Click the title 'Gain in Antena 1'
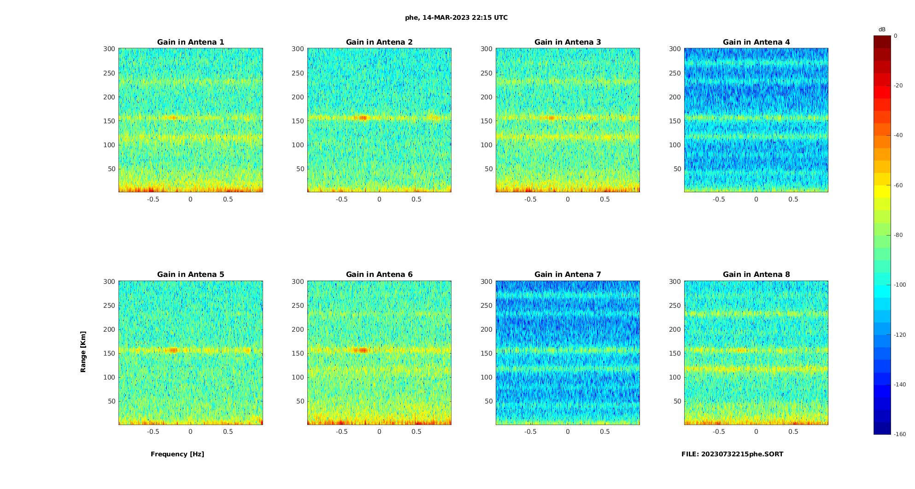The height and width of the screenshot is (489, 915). pyautogui.click(x=190, y=42)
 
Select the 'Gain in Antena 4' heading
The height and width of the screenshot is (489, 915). pyautogui.click(x=756, y=42)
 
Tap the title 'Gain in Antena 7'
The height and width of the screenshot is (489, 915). pyautogui.click(x=568, y=275)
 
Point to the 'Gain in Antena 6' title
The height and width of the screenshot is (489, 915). pyautogui.click(x=379, y=275)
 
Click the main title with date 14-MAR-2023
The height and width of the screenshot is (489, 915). pyautogui.click(x=456, y=18)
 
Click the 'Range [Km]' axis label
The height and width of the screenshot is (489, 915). pyautogui.click(x=83, y=352)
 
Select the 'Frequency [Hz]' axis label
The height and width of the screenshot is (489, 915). pyautogui.click(x=177, y=454)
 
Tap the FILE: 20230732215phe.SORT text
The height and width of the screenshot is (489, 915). pyautogui.click(x=732, y=454)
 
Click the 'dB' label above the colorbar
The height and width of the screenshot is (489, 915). pyautogui.click(x=882, y=29)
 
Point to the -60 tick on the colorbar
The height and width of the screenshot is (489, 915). pyautogui.click(x=898, y=185)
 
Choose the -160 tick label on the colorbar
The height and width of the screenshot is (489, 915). pyautogui.click(x=900, y=434)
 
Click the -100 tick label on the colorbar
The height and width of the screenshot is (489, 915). pyautogui.click(x=900, y=285)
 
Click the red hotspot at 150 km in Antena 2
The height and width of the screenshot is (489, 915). pyautogui.click(x=363, y=118)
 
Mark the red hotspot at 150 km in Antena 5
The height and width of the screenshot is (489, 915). pyautogui.click(x=173, y=350)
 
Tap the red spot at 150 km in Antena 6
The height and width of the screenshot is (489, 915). pyautogui.click(x=363, y=350)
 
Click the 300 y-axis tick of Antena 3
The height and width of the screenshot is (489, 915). pyautogui.click(x=487, y=49)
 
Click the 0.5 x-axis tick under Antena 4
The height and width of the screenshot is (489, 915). pyautogui.click(x=793, y=199)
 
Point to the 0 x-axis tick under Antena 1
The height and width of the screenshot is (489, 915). pyautogui.click(x=190, y=199)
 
